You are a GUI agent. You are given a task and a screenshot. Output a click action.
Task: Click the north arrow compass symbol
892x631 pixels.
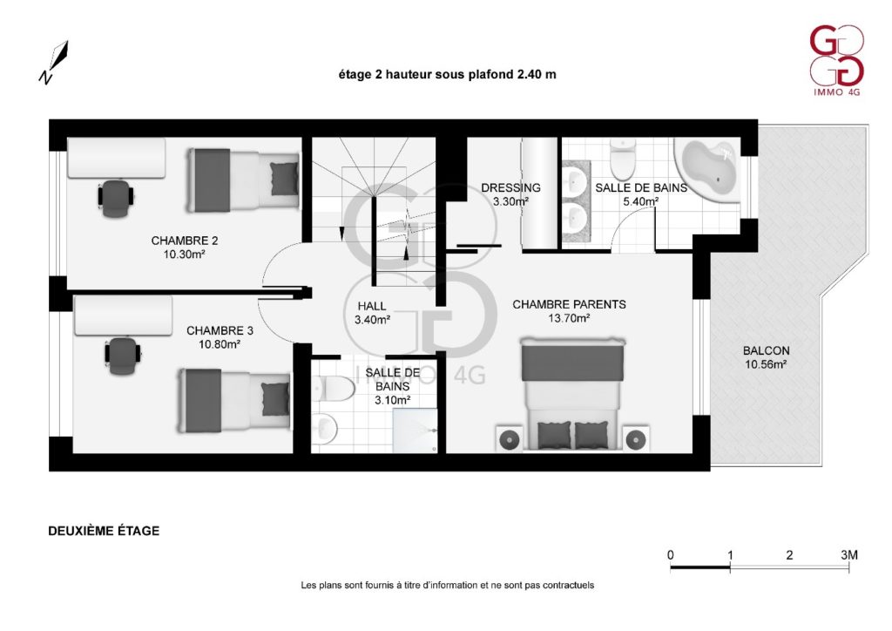54,63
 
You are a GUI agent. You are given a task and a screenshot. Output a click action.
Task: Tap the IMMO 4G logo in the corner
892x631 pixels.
836,61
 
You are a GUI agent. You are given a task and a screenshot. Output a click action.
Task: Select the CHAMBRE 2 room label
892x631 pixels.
185,241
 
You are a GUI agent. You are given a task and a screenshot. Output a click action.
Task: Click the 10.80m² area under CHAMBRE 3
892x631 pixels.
219,344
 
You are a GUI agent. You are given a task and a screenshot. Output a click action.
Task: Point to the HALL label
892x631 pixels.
371,306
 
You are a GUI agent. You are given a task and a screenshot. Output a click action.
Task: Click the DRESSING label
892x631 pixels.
510,187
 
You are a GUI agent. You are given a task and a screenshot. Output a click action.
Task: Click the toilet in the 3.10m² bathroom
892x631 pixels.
332,388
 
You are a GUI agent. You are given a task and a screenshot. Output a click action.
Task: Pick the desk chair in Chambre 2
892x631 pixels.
116,198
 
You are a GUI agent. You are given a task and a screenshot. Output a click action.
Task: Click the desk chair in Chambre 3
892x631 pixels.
122,356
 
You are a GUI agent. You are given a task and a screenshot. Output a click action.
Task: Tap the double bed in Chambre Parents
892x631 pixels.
572,393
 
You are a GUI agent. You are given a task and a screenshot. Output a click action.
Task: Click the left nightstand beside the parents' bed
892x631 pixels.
508,438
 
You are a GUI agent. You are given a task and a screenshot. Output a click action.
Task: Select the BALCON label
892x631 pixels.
766,350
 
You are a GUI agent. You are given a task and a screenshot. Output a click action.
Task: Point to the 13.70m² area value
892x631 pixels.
568,319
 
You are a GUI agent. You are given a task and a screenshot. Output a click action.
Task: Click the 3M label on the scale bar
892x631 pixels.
849,555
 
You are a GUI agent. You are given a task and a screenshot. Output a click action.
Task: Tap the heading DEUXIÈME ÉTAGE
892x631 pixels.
104,531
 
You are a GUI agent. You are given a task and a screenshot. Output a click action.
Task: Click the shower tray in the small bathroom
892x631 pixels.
416,431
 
